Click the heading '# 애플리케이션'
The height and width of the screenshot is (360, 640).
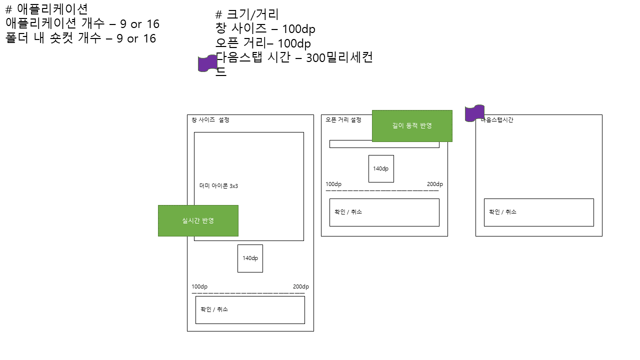pos(46,9)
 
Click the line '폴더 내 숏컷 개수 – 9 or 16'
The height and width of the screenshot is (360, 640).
pos(81,38)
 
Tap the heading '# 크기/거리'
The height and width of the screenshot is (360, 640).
pos(246,14)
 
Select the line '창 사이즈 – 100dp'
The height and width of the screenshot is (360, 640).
pos(265,29)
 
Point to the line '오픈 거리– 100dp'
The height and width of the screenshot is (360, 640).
pos(263,43)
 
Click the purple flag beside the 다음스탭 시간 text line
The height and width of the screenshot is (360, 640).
pos(208,63)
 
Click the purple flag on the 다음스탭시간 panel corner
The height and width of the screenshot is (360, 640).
pos(474,113)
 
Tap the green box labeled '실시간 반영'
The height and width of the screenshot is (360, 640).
pos(198,220)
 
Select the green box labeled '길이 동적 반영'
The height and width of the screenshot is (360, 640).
pos(412,126)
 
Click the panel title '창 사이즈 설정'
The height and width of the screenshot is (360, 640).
pos(210,120)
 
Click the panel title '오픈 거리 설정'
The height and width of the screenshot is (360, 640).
pos(343,120)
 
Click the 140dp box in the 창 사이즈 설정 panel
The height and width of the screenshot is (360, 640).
pos(250,258)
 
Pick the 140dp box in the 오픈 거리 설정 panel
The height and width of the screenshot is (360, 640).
pos(381,168)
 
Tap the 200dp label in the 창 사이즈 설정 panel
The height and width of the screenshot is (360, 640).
pos(301,286)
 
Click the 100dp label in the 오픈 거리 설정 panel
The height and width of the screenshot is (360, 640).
pos(333,184)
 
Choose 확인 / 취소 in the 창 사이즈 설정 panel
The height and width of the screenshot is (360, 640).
pos(214,309)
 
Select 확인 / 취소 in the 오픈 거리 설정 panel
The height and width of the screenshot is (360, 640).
pos(348,212)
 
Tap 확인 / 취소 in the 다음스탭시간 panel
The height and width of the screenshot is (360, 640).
pos(502,212)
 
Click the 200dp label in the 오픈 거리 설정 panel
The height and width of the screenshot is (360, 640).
pos(435,184)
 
